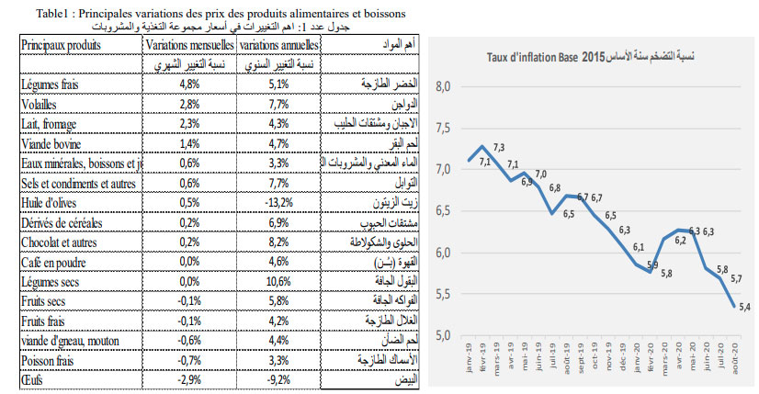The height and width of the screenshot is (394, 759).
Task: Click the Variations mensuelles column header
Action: tap(188, 44)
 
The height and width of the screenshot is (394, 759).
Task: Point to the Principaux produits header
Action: tap(61, 44)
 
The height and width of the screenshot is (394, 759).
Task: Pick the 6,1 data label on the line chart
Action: tap(638, 247)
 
